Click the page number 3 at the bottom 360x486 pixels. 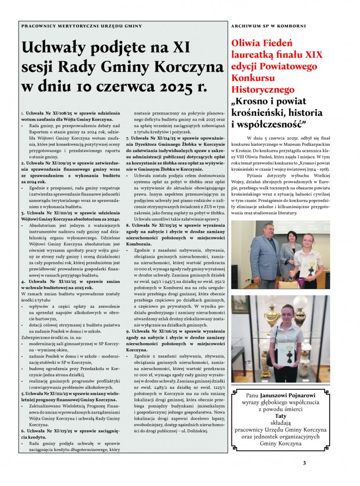(x=304, y=462)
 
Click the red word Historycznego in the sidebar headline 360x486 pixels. (x=262, y=89)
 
